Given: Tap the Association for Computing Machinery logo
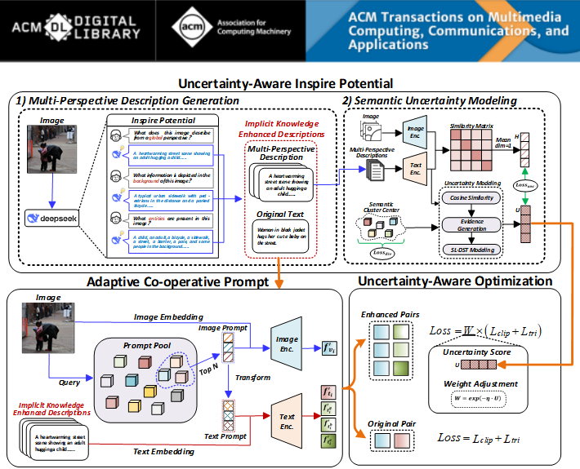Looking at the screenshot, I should (221, 31).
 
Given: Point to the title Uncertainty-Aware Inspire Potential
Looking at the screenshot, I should (285, 83).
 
